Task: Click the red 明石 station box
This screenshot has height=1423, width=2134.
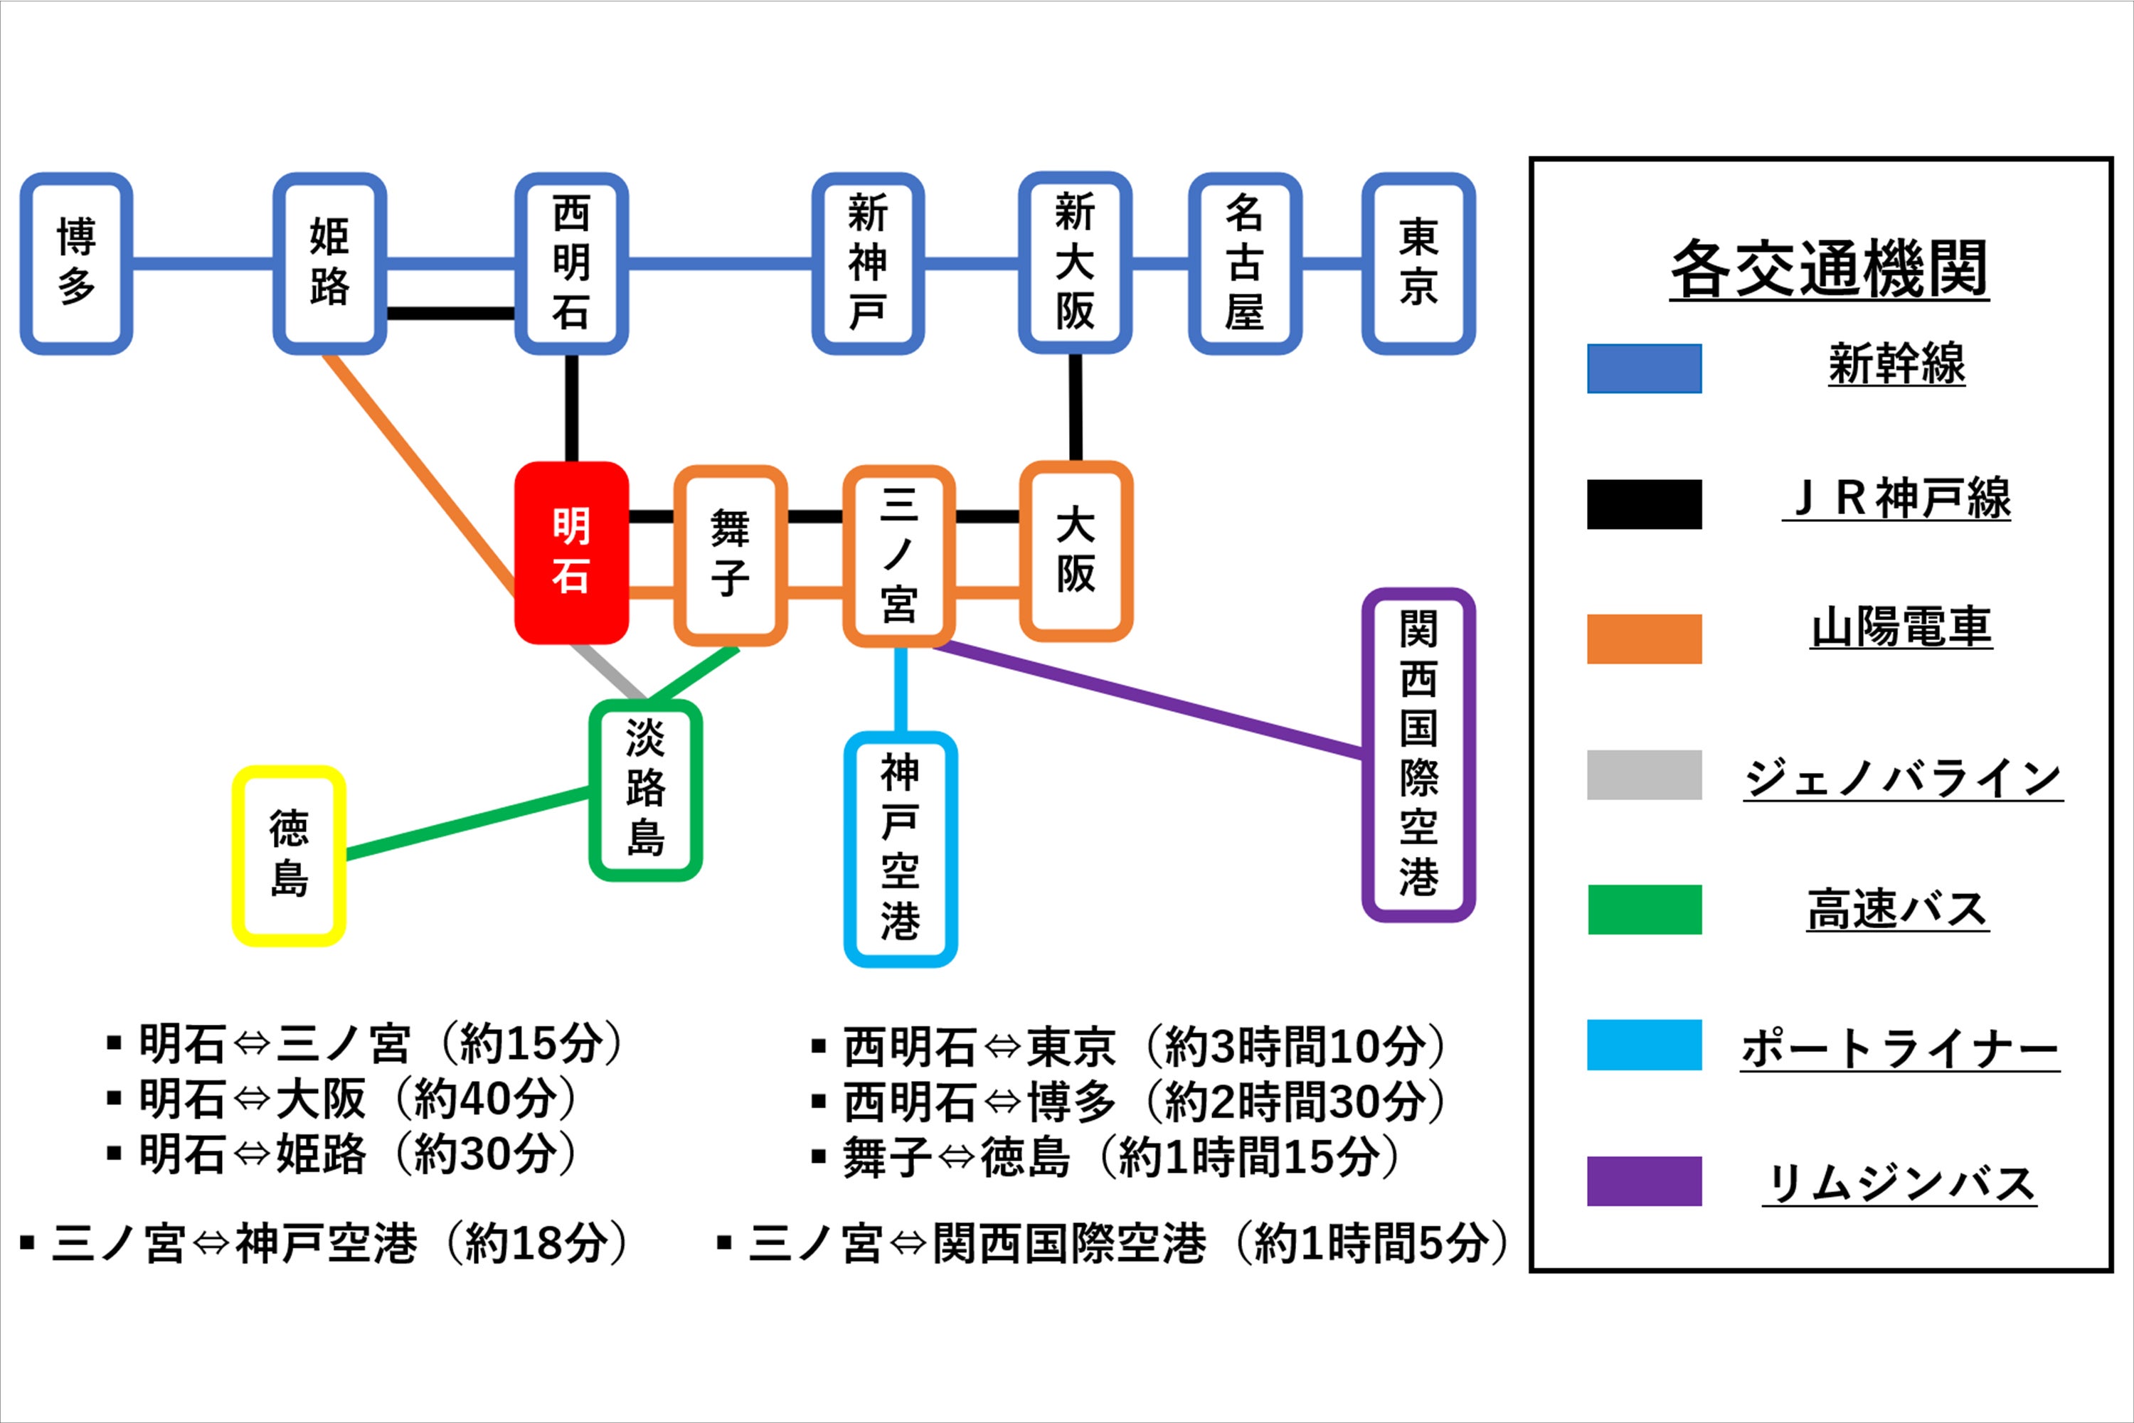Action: click(571, 552)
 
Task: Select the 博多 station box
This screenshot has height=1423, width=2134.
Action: click(76, 263)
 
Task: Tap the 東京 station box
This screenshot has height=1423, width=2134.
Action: click(1418, 263)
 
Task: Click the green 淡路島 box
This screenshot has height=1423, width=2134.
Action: click(645, 789)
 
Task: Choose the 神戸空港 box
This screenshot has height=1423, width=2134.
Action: click(901, 848)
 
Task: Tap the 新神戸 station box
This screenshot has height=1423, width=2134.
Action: click(868, 263)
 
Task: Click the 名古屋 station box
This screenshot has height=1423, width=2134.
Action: click(1244, 263)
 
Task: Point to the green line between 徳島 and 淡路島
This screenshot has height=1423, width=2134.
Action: click(467, 824)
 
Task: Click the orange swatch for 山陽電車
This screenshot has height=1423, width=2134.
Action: click(1644, 639)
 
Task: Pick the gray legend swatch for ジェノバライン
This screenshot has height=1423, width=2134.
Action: click(1644, 774)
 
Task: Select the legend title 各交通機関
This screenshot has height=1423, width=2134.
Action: click(1829, 269)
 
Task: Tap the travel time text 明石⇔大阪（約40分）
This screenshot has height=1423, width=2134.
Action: click(359, 1098)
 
